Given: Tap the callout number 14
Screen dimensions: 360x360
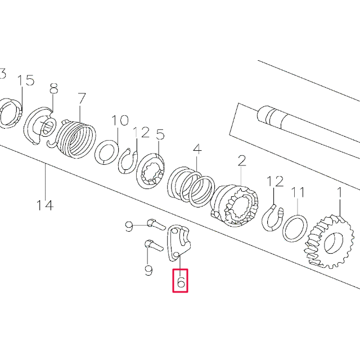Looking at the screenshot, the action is pyautogui.click(x=45, y=205).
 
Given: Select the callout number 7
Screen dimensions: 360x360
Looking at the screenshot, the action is pyautogui.click(x=82, y=98).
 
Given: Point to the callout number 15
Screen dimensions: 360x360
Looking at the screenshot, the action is pyautogui.click(x=26, y=80).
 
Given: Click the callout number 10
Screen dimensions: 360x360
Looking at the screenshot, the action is pyautogui.click(x=120, y=120).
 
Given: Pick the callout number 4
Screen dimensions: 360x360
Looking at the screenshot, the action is pyautogui.click(x=197, y=149).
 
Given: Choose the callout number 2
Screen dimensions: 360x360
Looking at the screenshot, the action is pyautogui.click(x=241, y=161).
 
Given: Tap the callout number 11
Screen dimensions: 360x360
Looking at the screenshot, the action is pyautogui.click(x=298, y=192).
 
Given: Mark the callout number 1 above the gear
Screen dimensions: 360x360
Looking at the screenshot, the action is pyautogui.click(x=339, y=192).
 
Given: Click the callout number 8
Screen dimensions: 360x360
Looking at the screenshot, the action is pyautogui.click(x=54, y=88).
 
